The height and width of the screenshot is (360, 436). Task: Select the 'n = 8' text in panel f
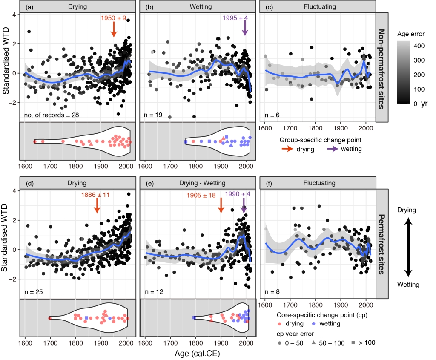pos(270,292)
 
